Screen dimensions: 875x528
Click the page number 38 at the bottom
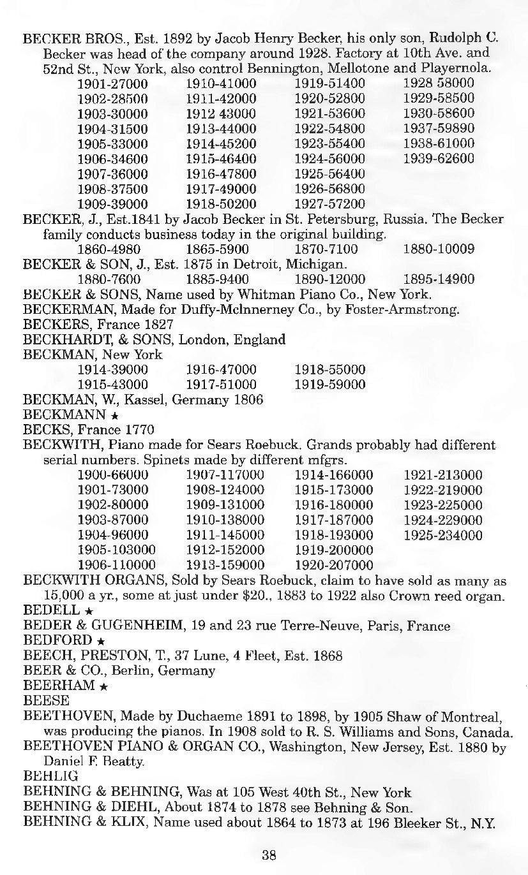click(268, 856)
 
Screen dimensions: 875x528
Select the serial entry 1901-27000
click(112, 84)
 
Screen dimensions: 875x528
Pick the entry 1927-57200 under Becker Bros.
click(329, 204)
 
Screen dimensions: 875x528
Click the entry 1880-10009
click(439, 249)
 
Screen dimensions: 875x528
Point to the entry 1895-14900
click(439, 279)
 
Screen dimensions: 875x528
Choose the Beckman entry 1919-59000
click(329, 385)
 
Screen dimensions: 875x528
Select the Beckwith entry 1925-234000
click(442, 535)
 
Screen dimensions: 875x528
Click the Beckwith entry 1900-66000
click(112, 475)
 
